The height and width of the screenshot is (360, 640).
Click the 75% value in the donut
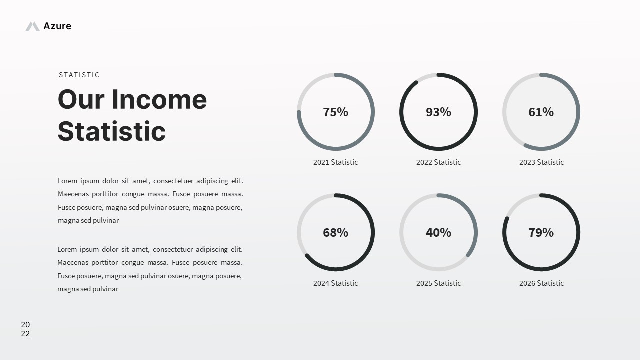tap(335, 112)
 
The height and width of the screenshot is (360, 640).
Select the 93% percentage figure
tap(438, 112)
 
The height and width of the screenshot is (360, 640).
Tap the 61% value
tap(541, 112)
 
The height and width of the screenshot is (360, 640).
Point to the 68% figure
tap(335, 232)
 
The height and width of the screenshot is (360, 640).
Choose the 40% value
tap(438, 232)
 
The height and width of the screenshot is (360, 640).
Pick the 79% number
tap(541, 232)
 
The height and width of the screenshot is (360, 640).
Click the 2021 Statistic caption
tap(335, 162)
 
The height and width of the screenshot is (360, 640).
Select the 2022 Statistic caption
tap(438, 162)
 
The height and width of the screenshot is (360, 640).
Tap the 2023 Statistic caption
tap(541, 162)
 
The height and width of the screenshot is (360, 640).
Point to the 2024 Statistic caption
tap(335, 283)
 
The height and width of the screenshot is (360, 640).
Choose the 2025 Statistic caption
tap(438, 283)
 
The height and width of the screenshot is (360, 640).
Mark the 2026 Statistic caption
tap(541, 283)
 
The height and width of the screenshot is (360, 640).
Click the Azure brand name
tap(57, 26)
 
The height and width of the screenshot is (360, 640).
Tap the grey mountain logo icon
tap(32, 26)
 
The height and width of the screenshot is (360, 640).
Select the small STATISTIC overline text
tap(79, 75)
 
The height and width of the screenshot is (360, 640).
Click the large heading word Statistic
tap(112, 131)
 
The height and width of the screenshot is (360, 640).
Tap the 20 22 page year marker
tap(25, 329)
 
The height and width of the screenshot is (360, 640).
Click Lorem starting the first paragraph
tap(68, 181)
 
